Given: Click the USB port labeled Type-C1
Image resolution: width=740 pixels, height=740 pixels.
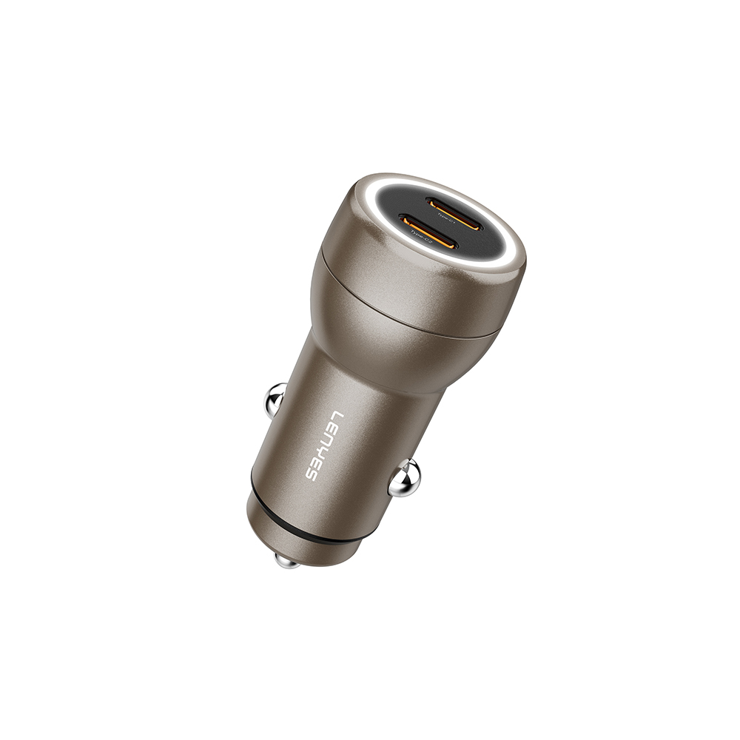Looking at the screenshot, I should pyautogui.click(x=454, y=203).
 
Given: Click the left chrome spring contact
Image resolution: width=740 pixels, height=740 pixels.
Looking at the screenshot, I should pyautogui.click(x=276, y=400).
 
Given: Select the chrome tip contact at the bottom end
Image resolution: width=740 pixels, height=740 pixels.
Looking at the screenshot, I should pyautogui.click(x=286, y=559).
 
